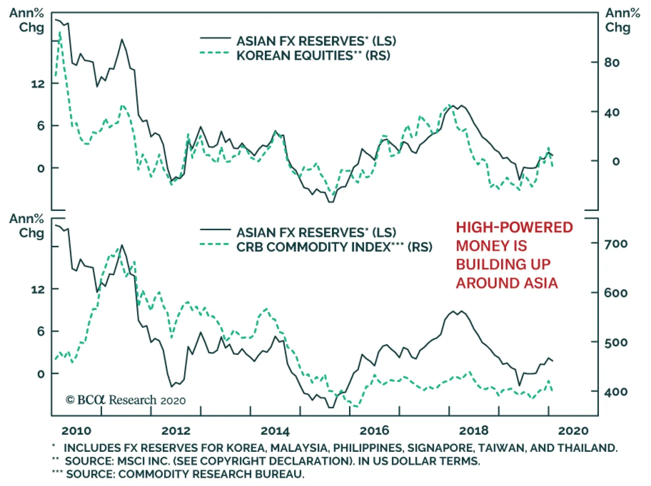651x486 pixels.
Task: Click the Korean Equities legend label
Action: click(x=313, y=55)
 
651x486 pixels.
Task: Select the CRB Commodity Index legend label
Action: click(x=334, y=247)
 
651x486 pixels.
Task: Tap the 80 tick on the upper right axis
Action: click(x=612, y=63)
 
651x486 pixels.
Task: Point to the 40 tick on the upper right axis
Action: click(x=612, y=112)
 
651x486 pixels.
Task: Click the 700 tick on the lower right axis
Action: click(x=616, y=244)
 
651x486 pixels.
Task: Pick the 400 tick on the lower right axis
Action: click(x=616, y=392)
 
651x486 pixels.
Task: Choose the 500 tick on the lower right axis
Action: click(x=616, y=343)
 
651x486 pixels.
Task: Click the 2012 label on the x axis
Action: click(x=176, y=431)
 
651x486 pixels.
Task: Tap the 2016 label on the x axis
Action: click(x=374, y=431)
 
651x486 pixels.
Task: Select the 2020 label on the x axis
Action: click(x=573, y=431)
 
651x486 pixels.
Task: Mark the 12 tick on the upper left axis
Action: click(x=38, y=84)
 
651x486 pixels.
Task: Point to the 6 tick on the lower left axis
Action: click(x=41, y=332)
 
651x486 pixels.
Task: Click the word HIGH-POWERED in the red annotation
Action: click(x=514, y=228)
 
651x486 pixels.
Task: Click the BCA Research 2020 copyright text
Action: click(x=126, y=400)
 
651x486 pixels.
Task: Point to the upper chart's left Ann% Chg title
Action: click(x=27, y=20)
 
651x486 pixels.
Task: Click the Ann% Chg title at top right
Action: click(x=622, y=20)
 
